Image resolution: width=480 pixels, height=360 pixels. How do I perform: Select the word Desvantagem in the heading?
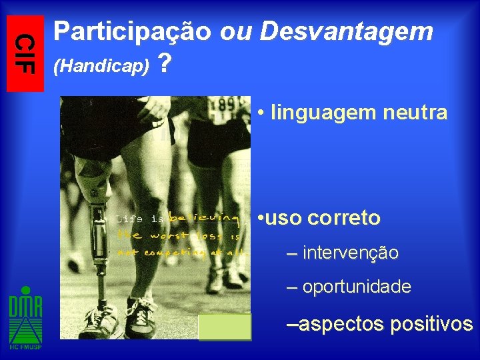coord(347,31)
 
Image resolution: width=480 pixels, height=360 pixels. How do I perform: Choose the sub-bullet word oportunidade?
coord(357,287)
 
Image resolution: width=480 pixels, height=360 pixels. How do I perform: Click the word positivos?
coord(431,325)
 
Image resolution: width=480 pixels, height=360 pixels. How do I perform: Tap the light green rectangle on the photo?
coord(225,327)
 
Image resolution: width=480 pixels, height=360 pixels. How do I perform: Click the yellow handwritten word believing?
coord(203,217)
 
